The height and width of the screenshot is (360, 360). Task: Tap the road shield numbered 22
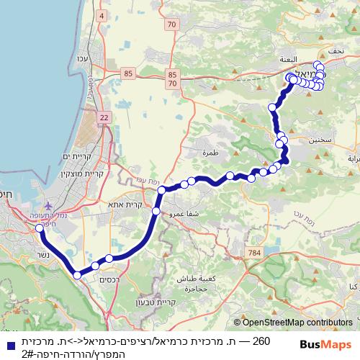(x=104, y=117)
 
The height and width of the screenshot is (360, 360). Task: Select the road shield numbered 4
(x=101, y=15)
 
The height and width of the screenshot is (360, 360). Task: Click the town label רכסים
(x=109, y=279)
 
